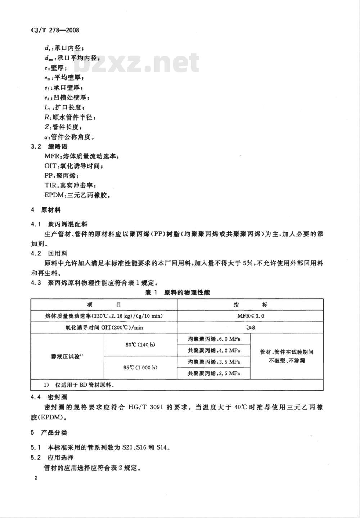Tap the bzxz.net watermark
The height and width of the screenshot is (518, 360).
139,63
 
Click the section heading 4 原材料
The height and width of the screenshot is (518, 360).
46,210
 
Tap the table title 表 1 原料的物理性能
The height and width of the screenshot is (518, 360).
177,292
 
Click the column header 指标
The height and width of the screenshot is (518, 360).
250,305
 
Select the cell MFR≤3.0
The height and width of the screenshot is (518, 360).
250,316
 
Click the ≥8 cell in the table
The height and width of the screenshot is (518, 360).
250,327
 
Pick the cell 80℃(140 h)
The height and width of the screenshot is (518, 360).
140,345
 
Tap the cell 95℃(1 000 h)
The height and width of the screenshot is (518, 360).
140,368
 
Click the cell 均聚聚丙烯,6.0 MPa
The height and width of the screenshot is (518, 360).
214,339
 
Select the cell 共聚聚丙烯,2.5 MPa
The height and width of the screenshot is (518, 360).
214,373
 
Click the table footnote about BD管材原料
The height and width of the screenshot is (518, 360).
79,385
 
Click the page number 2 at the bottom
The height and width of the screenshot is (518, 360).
36,478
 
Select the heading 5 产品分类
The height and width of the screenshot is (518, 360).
49,433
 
